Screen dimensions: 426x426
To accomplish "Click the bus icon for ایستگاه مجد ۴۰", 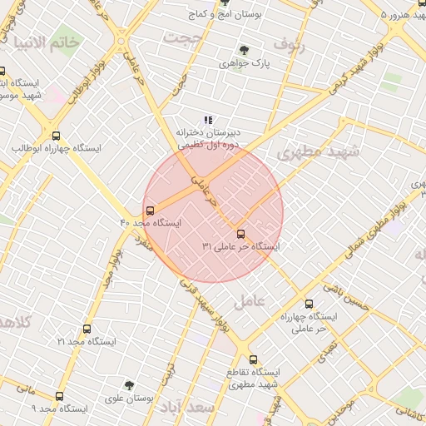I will pos(150,211).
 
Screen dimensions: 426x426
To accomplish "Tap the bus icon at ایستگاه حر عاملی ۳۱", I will pos(241,234).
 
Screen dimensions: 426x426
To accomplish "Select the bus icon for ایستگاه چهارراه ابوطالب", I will pos(56,136).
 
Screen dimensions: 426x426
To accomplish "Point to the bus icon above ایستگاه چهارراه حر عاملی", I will pos(310,304).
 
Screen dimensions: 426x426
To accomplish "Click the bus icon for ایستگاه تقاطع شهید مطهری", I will pos(230,360).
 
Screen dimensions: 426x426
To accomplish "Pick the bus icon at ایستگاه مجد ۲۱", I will pos(87,329).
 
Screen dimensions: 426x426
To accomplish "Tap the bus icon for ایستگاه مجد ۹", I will pos(58,397).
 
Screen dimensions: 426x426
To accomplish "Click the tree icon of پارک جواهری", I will pos(243,51).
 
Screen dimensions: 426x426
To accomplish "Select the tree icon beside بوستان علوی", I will pos(128,385).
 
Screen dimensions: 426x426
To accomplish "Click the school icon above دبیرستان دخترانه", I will pos(208,120).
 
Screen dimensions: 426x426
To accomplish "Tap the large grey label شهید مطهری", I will pos(318,152).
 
